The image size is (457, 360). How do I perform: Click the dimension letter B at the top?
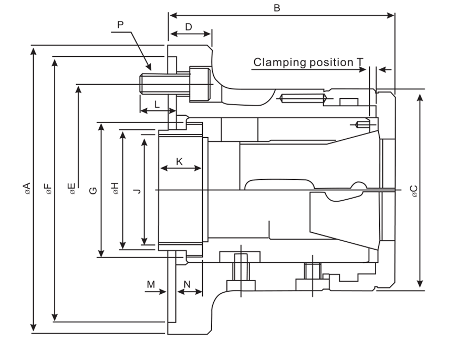click(277, 8)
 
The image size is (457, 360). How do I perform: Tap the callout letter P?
click(121, 25)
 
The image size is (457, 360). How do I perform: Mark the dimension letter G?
click(93, 189)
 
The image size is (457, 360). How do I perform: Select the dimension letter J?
click(137, 189)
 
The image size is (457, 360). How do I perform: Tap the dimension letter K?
click(179, 161)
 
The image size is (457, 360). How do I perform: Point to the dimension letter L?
click(157, 104)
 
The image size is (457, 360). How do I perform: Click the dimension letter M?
click(151, 284)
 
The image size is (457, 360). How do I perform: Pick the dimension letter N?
click(187, 284)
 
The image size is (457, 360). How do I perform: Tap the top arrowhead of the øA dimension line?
click(34, 49)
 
